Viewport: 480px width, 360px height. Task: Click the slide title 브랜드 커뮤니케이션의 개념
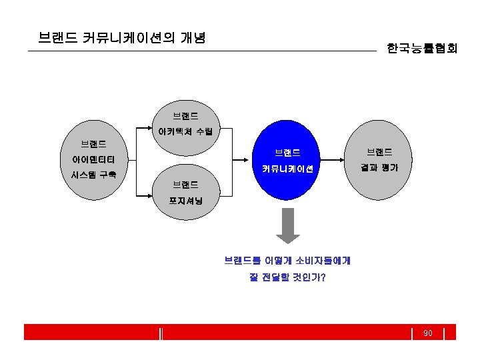click(x=121, y=37)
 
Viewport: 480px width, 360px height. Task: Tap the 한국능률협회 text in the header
click(x=421, y=49)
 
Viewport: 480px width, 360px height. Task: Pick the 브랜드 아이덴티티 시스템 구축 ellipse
click(x=93, y=161)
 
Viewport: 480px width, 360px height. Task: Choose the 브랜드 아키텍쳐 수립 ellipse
click(x=185, y=124)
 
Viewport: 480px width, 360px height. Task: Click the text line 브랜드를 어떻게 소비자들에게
click(x=287, y=261)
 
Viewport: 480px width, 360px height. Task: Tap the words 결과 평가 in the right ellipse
click(x=379, y=168)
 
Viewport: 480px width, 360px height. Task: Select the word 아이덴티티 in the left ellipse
click(x=93, y=159)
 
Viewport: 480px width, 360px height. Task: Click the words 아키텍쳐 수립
click(x=185, y=131)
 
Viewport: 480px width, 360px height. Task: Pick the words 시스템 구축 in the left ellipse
click(x=93, y=175)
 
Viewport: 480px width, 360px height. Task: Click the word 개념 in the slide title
click(x=192, y=37)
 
